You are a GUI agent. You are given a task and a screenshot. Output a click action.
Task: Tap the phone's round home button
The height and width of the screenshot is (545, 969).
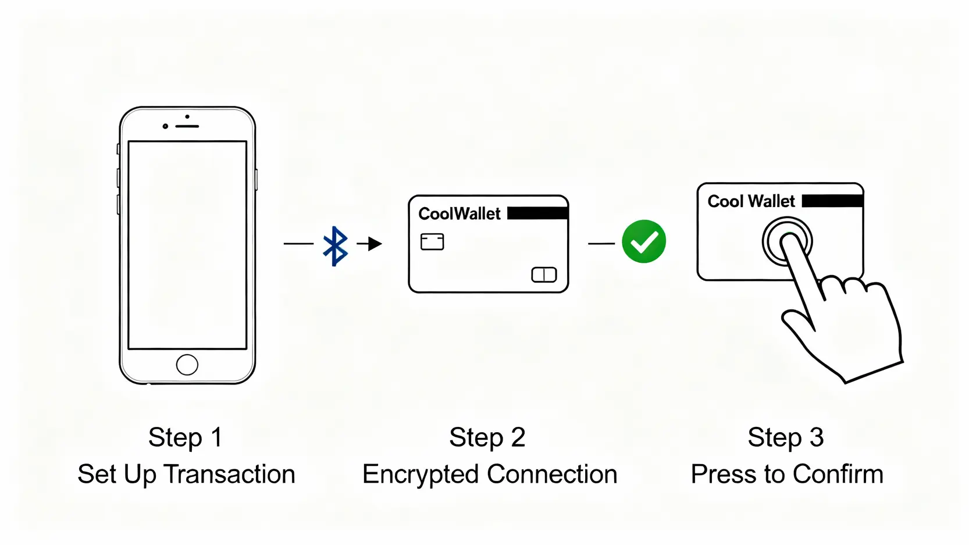tap(187, 365)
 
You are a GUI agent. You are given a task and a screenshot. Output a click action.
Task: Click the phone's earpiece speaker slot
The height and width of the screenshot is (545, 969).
tap(187, 126)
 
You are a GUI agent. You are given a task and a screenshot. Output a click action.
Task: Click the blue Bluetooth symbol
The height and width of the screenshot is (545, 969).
tap(336, 246)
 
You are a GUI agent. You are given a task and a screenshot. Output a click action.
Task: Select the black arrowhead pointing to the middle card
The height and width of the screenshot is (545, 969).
tap(375, 244)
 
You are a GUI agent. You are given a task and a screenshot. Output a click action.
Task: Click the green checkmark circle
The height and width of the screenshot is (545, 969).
tap(644, 241)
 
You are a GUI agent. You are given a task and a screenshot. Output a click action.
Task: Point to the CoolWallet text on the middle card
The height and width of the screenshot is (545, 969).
tap(459, 214)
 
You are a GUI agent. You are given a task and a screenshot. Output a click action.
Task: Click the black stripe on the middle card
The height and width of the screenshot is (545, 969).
tap(537, 213)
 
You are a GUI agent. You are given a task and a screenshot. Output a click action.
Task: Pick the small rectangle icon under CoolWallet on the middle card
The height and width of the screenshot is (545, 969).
tap(432, 241)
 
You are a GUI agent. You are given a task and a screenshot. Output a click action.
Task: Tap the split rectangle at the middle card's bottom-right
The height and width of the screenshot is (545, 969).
tap(544, 275)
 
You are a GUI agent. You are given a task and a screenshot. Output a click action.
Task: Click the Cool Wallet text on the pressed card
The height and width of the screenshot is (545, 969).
tap(751, 201)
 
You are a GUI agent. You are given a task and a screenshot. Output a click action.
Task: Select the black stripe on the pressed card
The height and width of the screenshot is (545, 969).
tap(832, 201)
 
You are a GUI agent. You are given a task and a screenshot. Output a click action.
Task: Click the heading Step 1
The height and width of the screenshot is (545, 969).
tap(186, 437)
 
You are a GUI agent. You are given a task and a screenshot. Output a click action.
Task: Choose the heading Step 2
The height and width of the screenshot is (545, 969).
tap(487, 437)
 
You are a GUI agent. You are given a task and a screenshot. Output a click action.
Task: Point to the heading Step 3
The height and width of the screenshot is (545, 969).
tap(786, 437)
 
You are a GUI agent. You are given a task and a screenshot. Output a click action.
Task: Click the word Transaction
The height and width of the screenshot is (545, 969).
tap(230, 474)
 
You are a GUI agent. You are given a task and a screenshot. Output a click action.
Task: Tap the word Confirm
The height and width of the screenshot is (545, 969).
tap(838, 474)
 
